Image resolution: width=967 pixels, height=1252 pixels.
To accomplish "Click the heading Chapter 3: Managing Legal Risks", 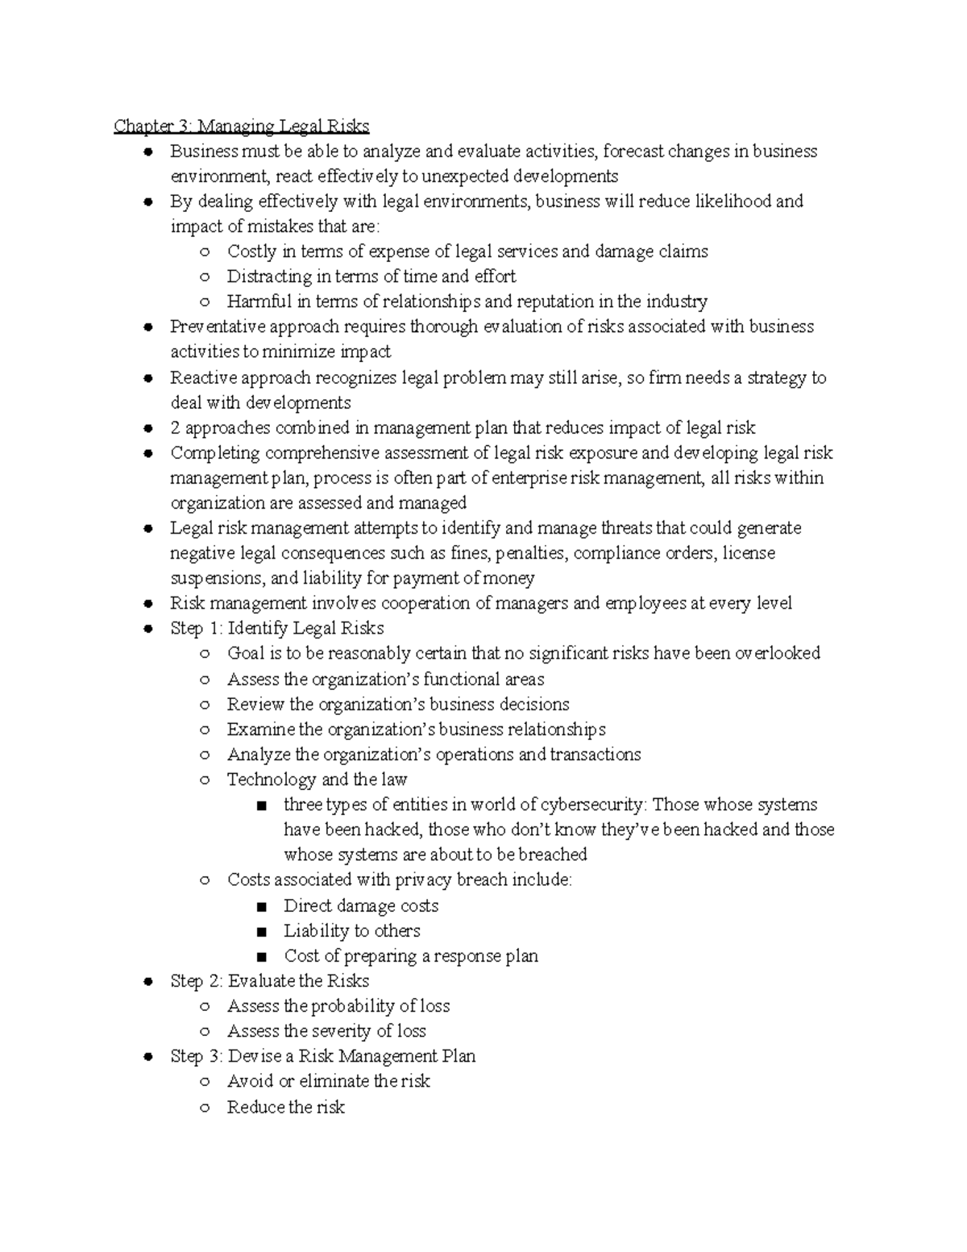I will point(242,127).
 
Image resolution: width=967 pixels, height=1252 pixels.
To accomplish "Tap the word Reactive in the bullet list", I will point(202,377).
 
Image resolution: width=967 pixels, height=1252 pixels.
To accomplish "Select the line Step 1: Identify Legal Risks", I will point(276,628).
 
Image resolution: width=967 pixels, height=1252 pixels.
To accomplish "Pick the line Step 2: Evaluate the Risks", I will point(269,981).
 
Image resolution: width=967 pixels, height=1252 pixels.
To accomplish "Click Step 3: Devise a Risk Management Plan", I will point(322,1056).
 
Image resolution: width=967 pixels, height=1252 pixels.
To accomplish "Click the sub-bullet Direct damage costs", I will point(361,905).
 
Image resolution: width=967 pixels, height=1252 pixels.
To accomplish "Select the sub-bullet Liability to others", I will point(352,931).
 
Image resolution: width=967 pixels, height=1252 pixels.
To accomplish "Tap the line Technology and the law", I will point(317,780).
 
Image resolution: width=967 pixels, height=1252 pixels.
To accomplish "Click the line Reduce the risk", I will point(285,1107).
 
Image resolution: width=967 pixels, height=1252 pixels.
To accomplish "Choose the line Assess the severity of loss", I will point(326,1031).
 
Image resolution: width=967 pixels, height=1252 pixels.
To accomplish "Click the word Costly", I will point(251,252).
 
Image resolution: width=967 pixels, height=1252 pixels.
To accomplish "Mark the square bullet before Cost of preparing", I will point(260,957).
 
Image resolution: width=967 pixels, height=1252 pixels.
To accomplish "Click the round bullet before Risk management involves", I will point(147,604).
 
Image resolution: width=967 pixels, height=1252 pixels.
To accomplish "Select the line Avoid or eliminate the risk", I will point(329,1081).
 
